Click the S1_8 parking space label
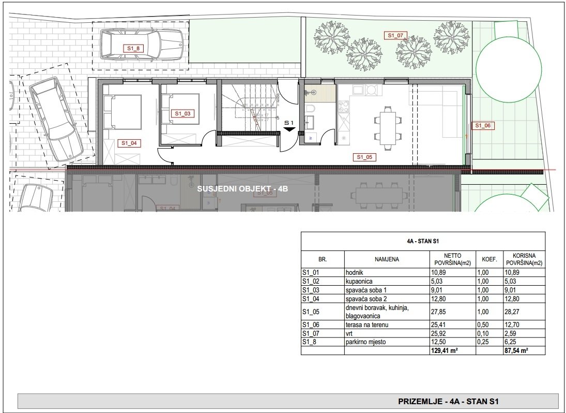(x=133, y=48)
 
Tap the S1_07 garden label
(x=396, y=36)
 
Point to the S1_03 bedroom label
(x=182, y=113)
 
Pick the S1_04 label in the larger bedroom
(x=129, y=143)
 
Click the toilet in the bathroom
(x=311, y=108)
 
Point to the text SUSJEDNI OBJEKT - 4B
(x=242, y=189)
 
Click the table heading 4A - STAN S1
(x=423, y=240)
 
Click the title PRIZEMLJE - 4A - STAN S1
(x=448, y=401)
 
